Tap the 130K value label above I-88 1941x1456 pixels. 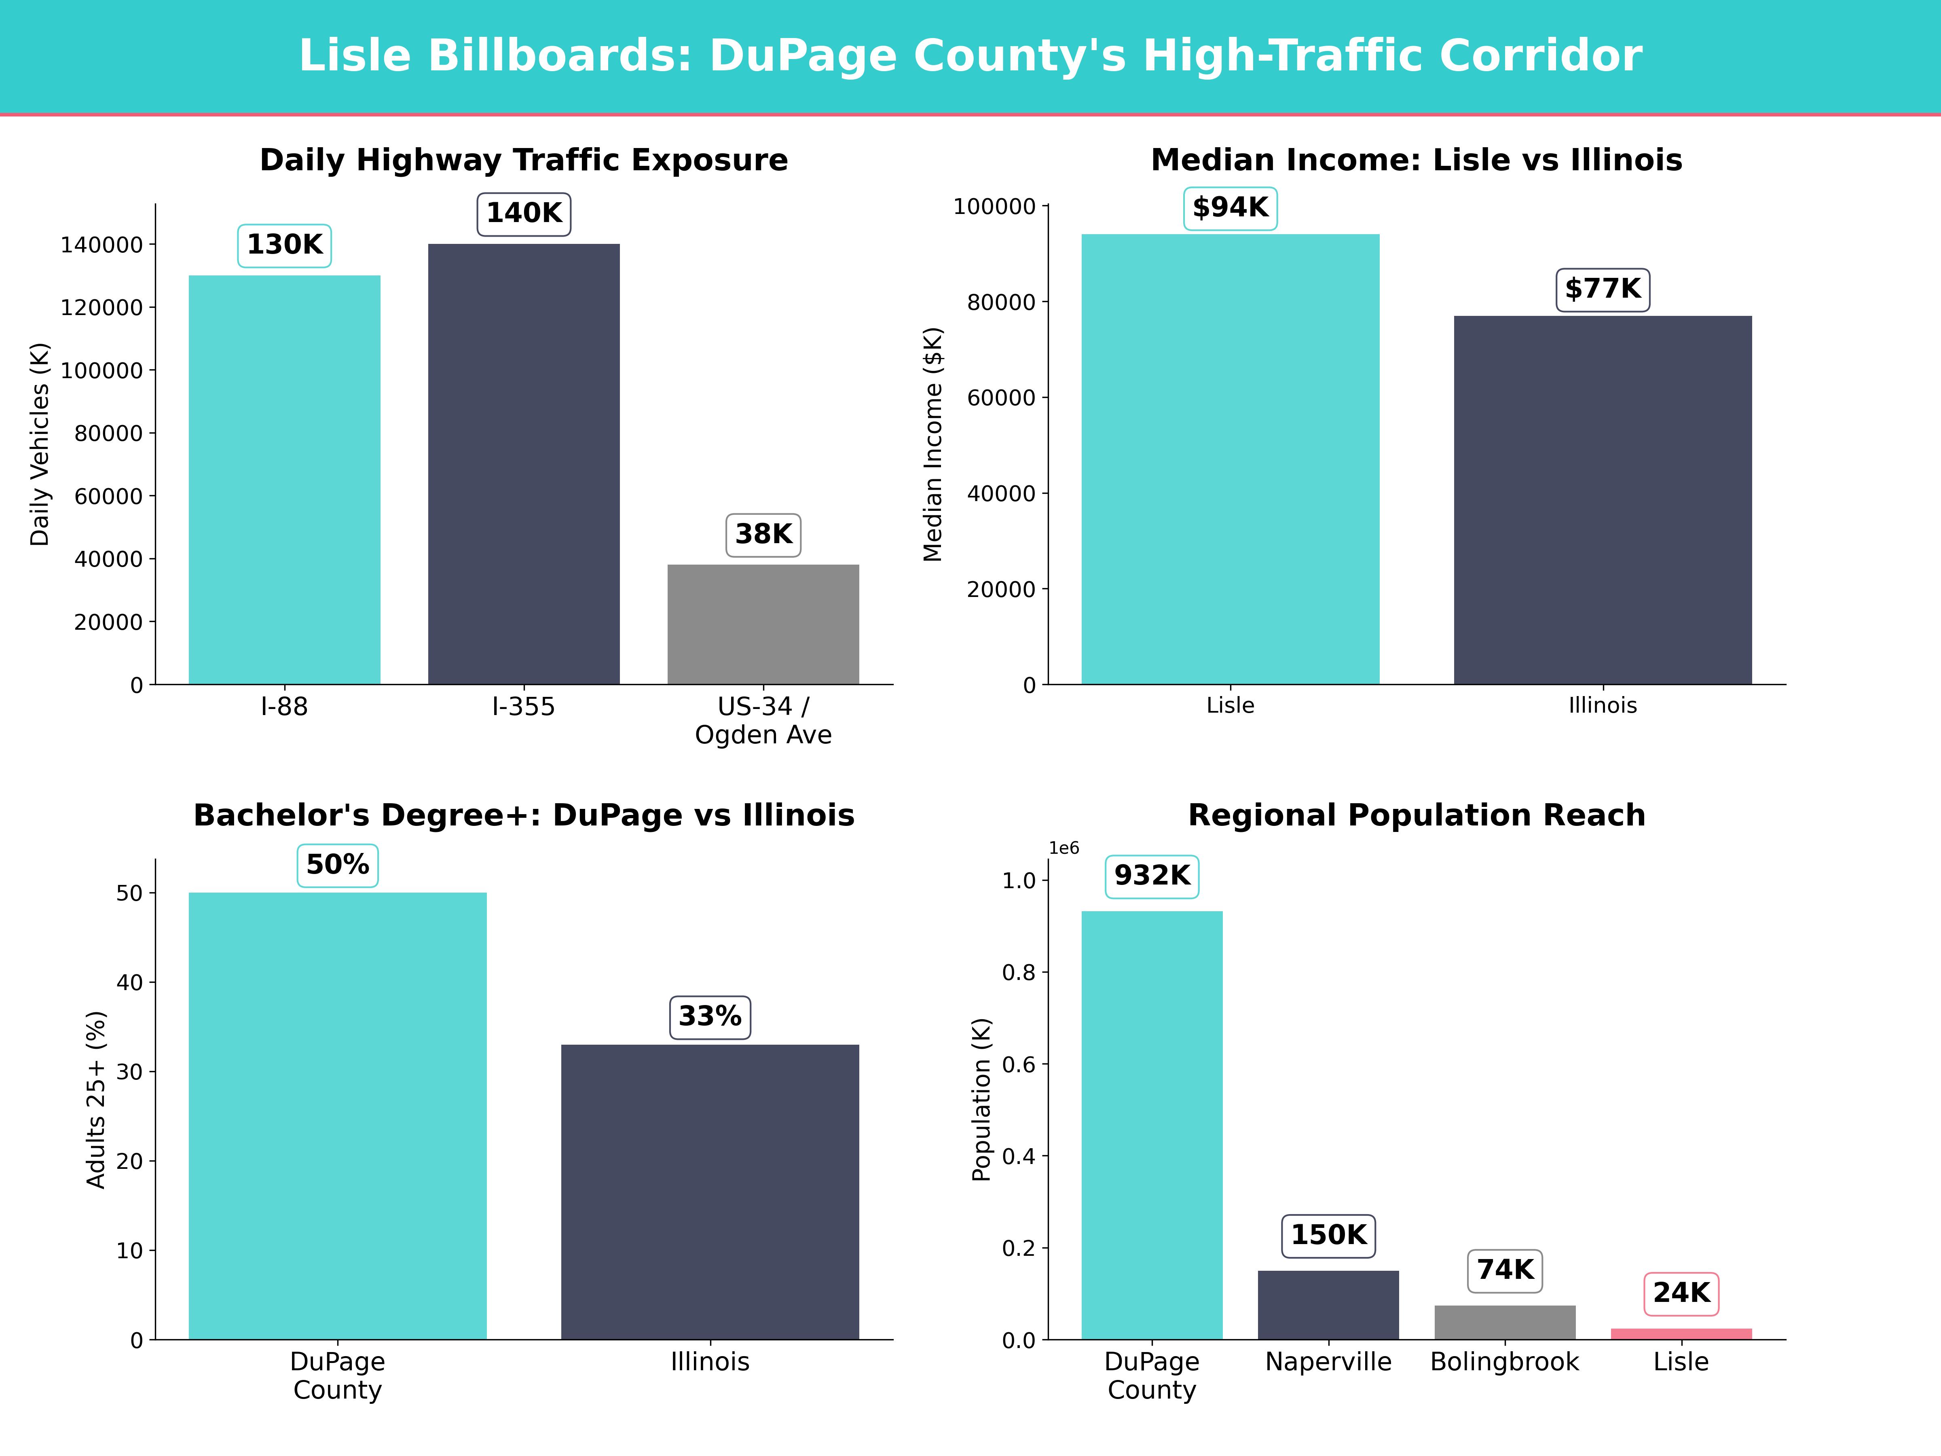pos(284,245)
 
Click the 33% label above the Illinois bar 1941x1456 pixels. pos(710,1017)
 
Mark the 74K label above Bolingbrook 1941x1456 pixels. pos(1505,1270)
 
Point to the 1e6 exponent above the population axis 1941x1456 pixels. pos(1064,848)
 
